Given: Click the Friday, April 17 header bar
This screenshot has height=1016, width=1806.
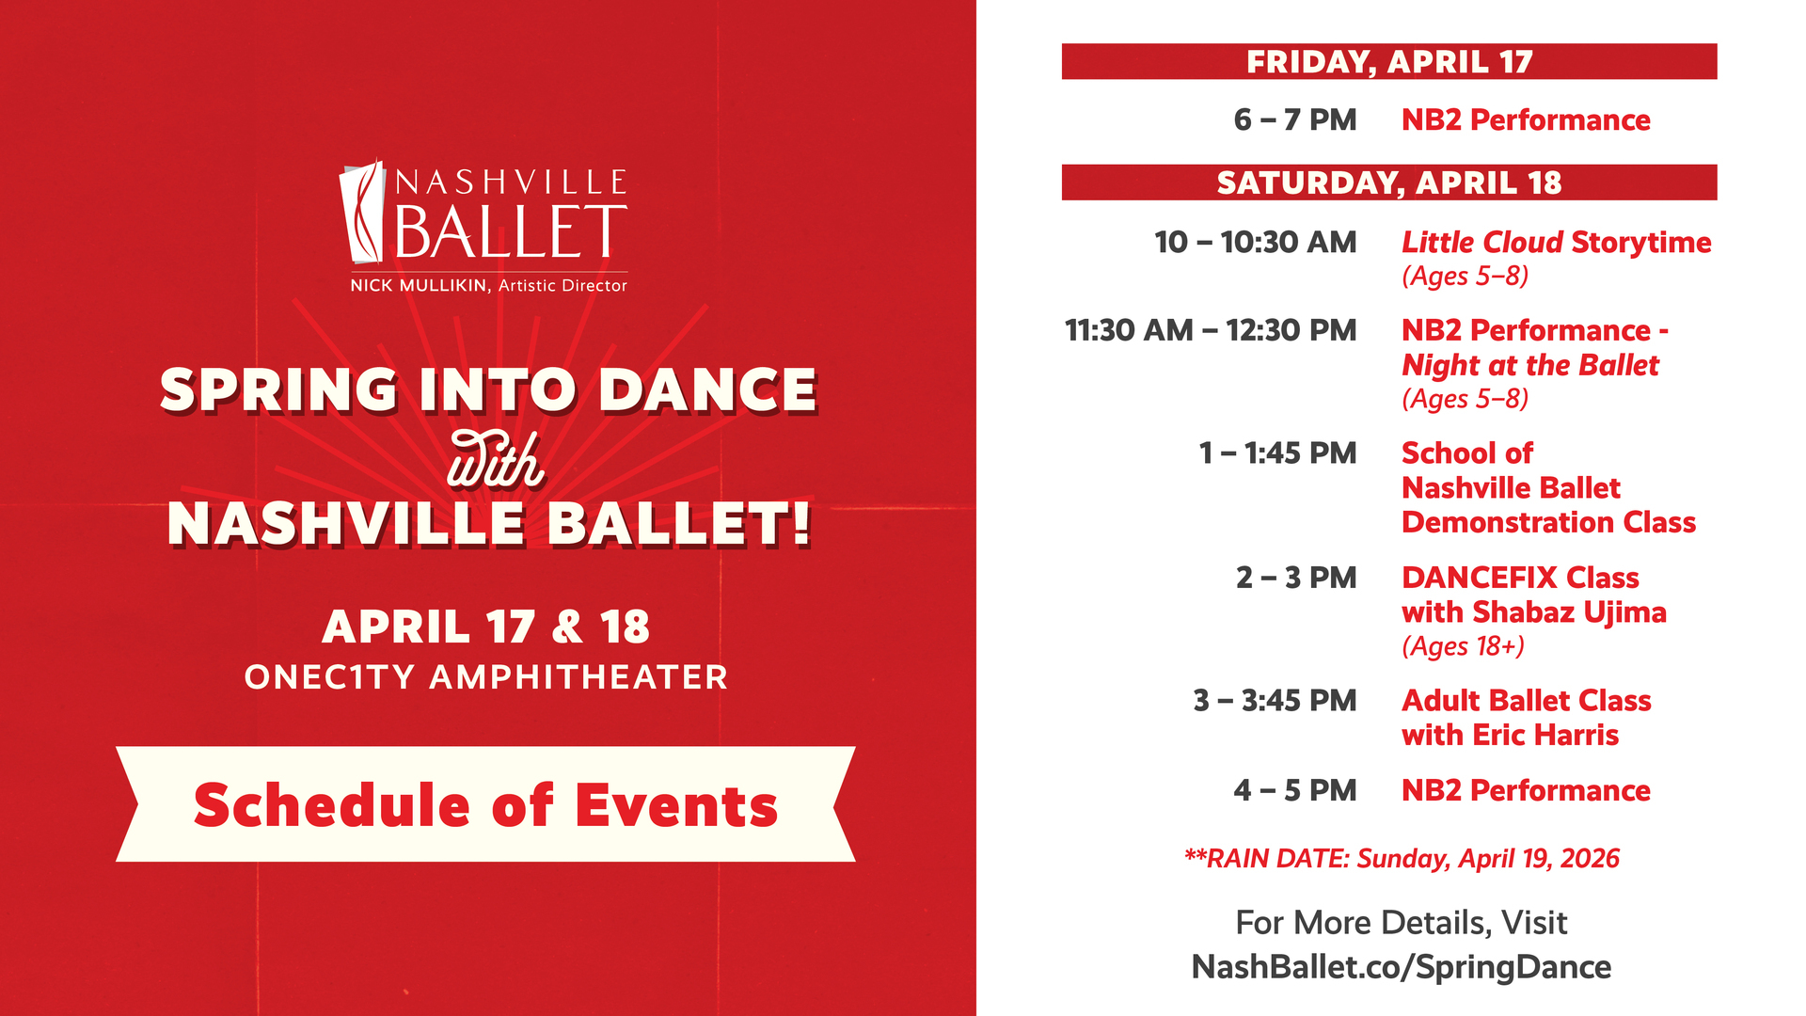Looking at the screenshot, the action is point(1389,61).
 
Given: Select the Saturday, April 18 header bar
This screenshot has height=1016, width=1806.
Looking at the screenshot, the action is point(1389,183).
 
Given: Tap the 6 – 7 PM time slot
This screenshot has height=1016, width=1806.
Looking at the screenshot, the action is point(1295,120).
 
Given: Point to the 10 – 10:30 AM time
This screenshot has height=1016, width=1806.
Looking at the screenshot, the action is point(1256,243).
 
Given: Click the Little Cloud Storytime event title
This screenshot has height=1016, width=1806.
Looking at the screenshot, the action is point(1557,243).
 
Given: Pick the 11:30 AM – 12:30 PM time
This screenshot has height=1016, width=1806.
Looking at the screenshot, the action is point(1211,331).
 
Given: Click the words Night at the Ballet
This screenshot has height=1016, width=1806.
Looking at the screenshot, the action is point(1530,365).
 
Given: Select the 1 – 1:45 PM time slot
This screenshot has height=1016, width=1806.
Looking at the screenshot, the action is point(1277,453).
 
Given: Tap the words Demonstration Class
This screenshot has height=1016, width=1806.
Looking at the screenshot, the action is point(1548,522).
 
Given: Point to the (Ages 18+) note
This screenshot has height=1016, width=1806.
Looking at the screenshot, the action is point(1463,646).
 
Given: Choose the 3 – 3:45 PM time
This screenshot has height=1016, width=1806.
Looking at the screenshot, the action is point(1275,701).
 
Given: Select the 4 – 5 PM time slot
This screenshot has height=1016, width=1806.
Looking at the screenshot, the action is point(1295,790).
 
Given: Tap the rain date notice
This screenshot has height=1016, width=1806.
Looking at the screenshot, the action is point(1402,859).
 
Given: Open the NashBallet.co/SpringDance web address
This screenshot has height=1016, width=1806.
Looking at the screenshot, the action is point(1402,967).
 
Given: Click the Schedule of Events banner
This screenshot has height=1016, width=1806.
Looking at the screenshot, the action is point(485,804).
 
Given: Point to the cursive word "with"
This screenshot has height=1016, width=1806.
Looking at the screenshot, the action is point(496,460).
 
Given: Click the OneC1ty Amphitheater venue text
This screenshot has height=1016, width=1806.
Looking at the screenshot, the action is point(486,677).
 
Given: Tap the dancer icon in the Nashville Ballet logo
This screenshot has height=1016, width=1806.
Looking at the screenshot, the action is point(362,211).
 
